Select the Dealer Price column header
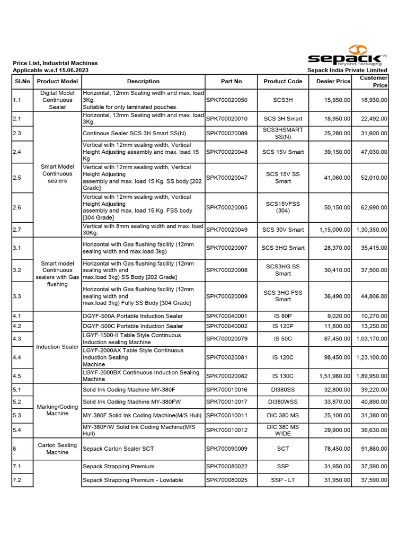click(333, 81)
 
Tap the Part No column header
click(231, 81)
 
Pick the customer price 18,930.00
click(374, 100)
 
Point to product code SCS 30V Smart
click(283, 230)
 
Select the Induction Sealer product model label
click(57, 347)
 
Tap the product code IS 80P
click(283, 316)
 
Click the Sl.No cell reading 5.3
click(17, 415)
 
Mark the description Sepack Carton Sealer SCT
click(118, 449)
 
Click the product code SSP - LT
click(283, 480)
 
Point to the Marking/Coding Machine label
click(57, 410)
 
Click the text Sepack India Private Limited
click(347, 70)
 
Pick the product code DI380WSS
click(283, 402)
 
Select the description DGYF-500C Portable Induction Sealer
click(133, 326)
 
